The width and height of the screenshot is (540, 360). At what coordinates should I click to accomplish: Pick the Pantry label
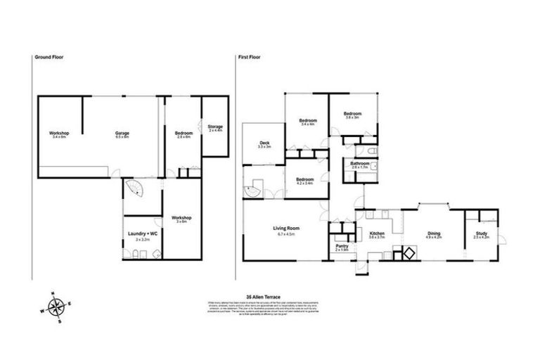point(342,246)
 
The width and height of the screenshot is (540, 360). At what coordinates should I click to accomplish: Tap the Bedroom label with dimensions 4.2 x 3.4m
point(304,179)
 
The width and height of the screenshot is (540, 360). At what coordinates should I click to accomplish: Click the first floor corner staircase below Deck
point(252,188)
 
